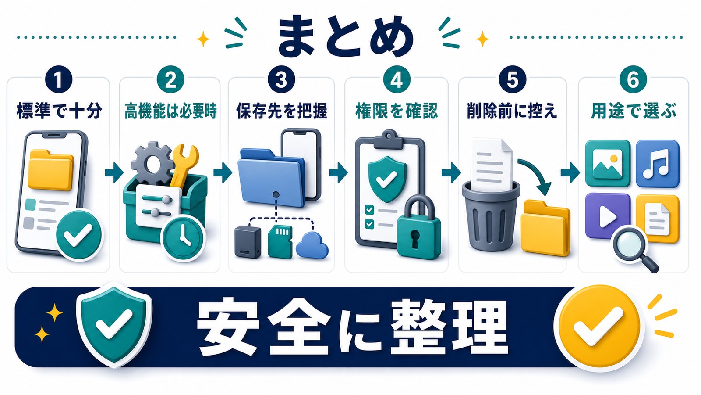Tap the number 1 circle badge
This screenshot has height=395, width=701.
[x=59, y=79]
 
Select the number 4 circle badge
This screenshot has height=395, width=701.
[x=397, y=79]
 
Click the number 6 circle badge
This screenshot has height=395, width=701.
[x=633, y=79]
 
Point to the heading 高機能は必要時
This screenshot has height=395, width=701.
[x=170, y=111]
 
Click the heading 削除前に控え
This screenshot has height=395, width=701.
[x=512, y=111]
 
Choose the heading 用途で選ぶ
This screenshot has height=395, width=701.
[x=633, y=111]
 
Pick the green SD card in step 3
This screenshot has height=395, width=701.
[x=280, y=241]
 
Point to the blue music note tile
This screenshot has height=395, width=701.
[x=658, y=163]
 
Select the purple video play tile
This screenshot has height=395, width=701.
[x=607, y=215]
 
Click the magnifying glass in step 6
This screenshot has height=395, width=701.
[x=635, y=248]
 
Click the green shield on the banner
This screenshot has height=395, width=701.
[x=114, y=325]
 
